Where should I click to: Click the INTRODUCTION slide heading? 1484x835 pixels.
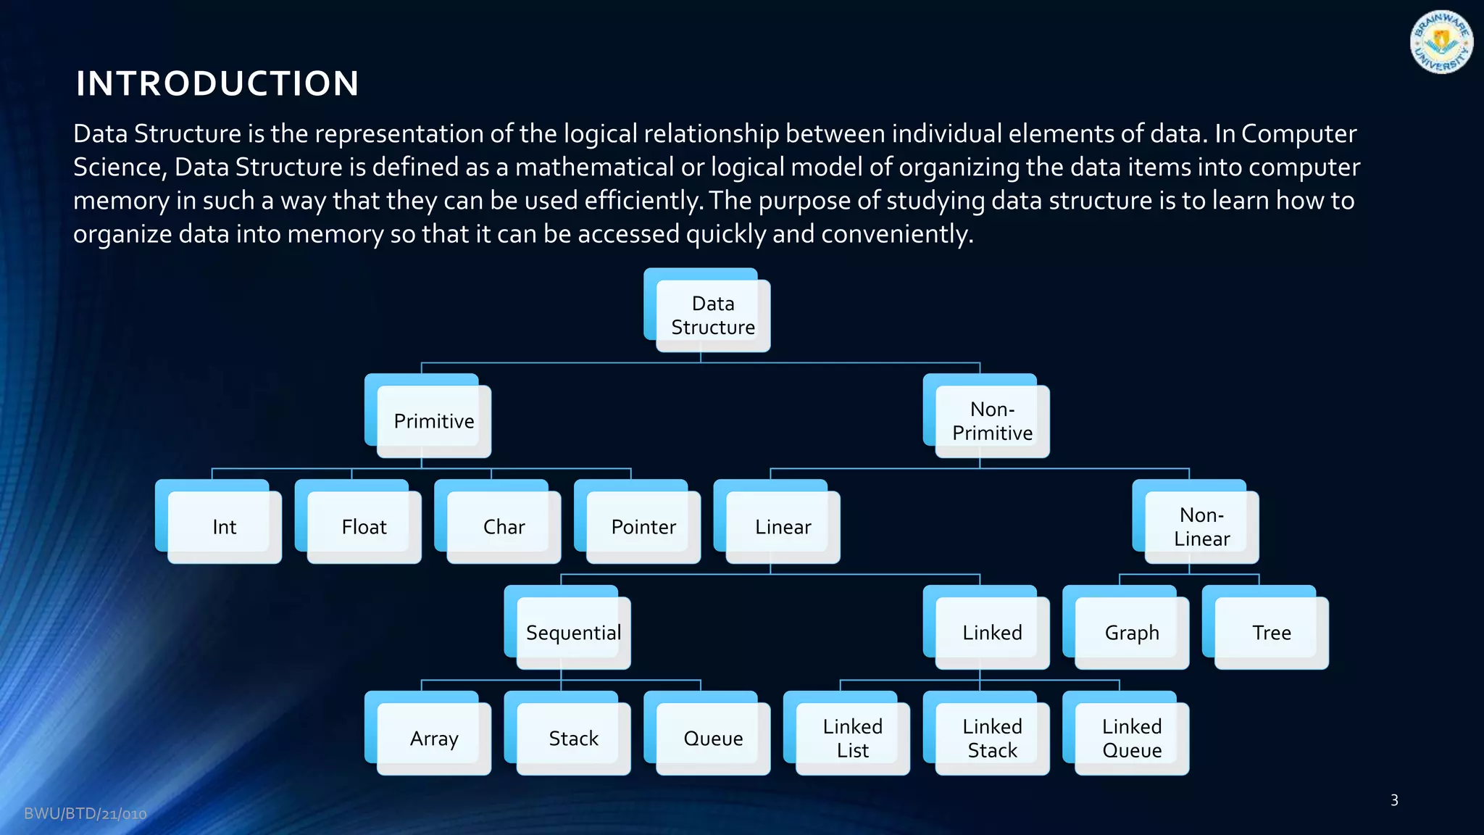point(217,83)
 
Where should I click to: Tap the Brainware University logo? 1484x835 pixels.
point(1441,43)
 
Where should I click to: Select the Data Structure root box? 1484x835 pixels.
point(712,315)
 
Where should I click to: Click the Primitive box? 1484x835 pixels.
point(433,421)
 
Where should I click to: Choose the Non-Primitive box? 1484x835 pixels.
point(992,421)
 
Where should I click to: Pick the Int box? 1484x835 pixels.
point(224,527)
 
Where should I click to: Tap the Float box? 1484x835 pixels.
point(364,527)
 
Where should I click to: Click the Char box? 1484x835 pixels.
point(504,527)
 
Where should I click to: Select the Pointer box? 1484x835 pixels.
point(643,527)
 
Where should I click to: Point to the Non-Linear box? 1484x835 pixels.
point(1201,527)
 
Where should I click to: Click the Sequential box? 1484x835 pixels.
point(573,633)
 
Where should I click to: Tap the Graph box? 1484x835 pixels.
point(1132,633)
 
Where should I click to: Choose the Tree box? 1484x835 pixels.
point(1272,633)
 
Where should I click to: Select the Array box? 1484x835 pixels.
point(433,739)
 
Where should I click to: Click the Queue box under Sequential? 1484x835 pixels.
point(713,739)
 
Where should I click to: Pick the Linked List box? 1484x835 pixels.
point(852,739)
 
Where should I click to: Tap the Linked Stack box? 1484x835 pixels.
point(992,739)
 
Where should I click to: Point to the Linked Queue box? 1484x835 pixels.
point(1132,739)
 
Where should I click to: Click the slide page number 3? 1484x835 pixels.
point(1394,800)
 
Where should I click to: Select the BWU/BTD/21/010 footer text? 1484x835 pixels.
point(86,814)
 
